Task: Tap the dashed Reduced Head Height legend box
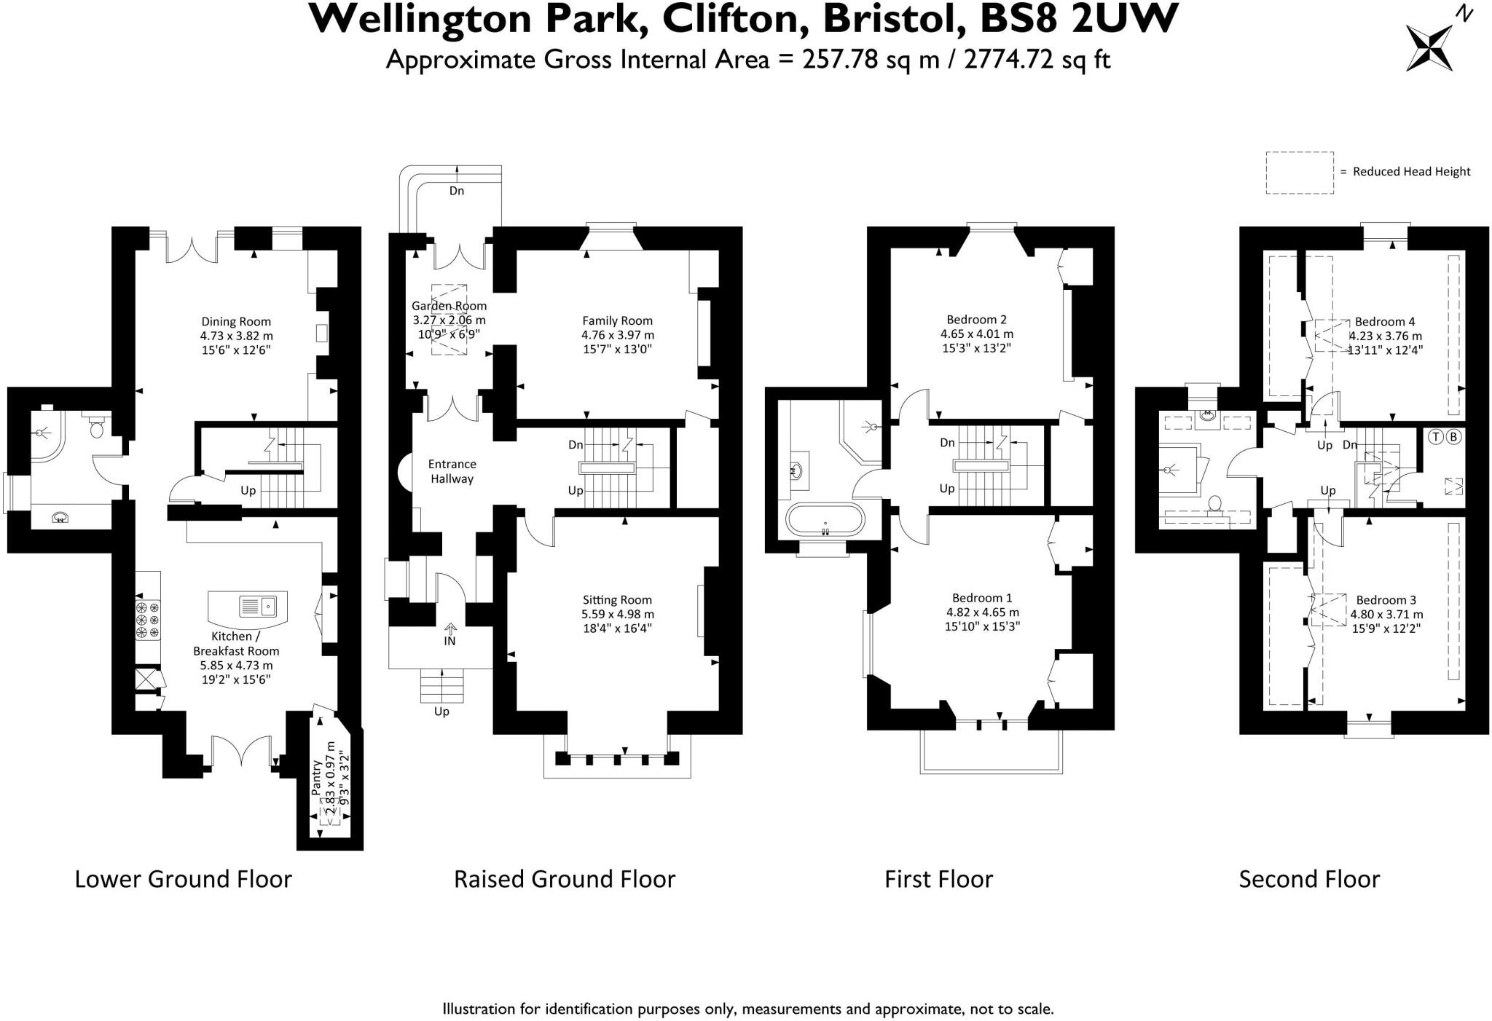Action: click(x=1300, y=173)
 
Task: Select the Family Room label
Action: click(x=618, y=320)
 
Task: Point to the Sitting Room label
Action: click(x=617, y=600)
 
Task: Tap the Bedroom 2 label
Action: click(x=976, y=319)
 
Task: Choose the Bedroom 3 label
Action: click(x=1386, y=600)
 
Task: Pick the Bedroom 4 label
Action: click(x=1385, y=322)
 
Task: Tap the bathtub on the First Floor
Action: click(x=825, y=521)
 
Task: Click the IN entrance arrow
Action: click(x=450, y=628)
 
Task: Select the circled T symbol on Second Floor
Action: click(x=1435, y=437)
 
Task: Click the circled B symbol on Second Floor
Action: click(x=1453, y=437)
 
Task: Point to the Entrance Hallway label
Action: click(x=452, y=471)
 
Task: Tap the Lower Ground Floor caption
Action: click(x=184, y=879)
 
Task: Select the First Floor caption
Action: click(x=938, y=879)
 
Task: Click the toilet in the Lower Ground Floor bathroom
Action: click(x=95, y=426)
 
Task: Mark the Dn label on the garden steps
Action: click(x=457, y=191)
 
